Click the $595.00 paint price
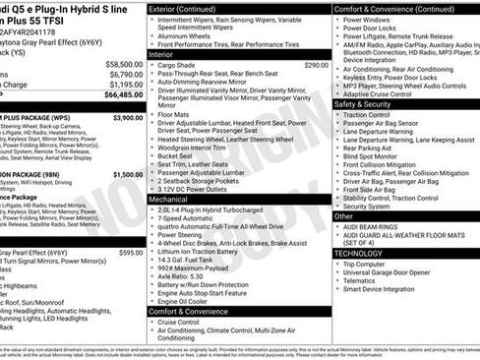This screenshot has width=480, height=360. pyautogui.click(x=131, y=252)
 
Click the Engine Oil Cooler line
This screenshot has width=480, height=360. pyautogui.click(x=188, y=300)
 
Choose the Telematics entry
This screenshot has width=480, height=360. pyautogui.click(x=367, y=280)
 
